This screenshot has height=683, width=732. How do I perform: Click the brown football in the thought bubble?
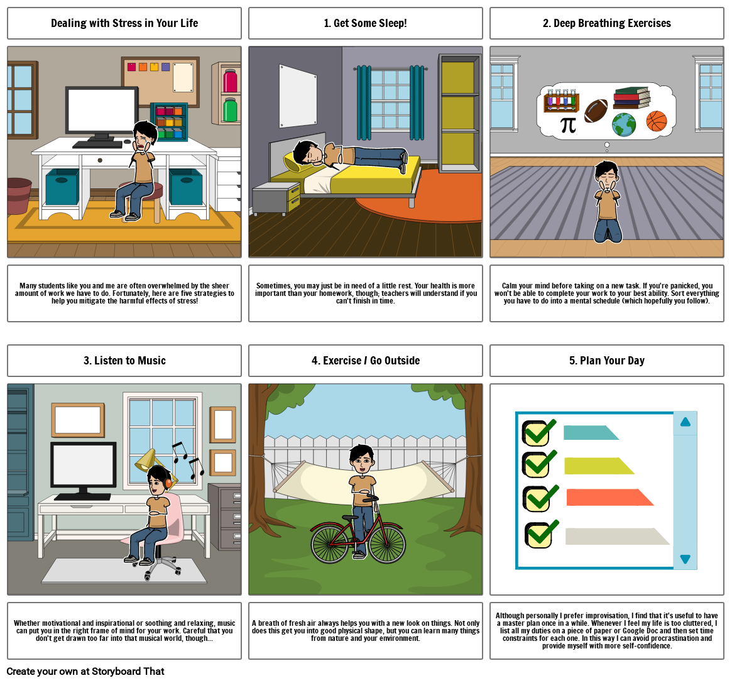596,111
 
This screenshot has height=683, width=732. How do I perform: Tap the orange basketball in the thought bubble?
657,121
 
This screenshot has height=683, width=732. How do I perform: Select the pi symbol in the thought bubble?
568,124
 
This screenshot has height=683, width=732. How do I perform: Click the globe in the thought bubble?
624,124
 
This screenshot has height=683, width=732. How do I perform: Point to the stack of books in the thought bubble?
631,97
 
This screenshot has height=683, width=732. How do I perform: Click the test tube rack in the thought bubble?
561,101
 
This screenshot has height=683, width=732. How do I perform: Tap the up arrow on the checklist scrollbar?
686,422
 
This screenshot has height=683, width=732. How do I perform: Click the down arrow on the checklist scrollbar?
686,559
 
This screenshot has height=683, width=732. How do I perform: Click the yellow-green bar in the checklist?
599,466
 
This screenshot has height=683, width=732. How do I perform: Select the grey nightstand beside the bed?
275,198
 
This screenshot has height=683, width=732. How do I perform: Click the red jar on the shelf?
230,81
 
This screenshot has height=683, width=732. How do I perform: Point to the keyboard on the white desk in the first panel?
97,145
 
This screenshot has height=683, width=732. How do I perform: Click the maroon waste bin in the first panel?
19,195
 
